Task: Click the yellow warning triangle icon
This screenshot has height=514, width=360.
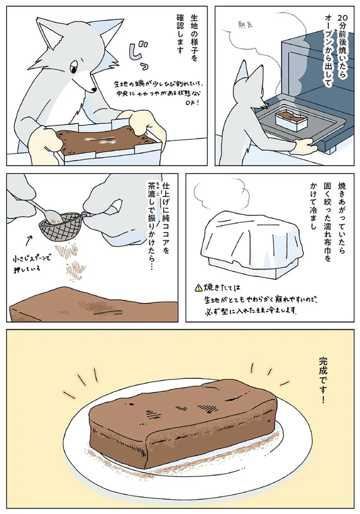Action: [198, 288]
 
